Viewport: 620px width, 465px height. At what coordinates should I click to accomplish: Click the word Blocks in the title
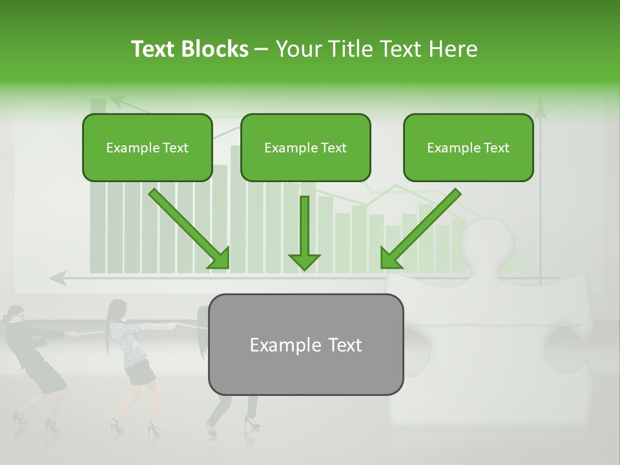pyautogui.click(x=216, y=49)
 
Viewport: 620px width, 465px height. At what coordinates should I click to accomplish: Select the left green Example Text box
pyautogui.click(x=147, y=147)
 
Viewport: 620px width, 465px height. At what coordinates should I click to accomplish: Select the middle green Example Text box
pyautogui.click(x=305, y=147)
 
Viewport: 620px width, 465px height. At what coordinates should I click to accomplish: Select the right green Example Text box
pyautogui.click(x=468, y=147)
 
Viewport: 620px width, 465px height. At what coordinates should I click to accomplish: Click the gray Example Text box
pyautogui.click(x=305, y=344)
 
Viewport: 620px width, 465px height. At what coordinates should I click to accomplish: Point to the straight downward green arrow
pyautogui.click(x=304, y=229)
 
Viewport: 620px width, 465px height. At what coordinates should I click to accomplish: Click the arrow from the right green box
pyautogui.click(x=421, y=229)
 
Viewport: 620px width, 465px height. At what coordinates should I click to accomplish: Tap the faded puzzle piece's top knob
pyautogui.click(x=490, y=242)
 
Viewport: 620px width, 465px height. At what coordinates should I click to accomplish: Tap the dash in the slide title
pyautogui.click(x=262, y=49)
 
